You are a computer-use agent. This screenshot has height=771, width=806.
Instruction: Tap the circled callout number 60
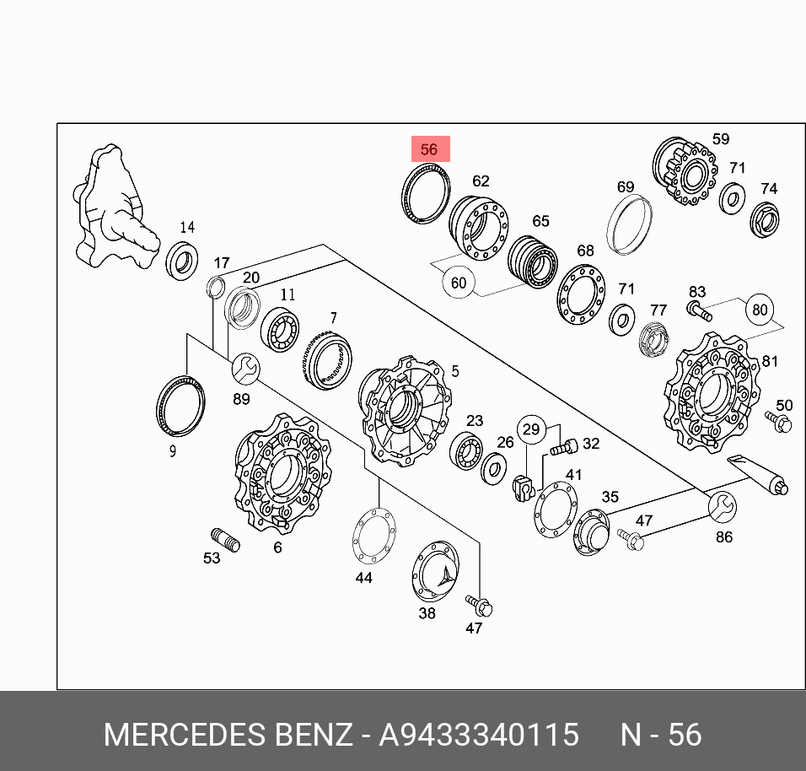tap(459, 283)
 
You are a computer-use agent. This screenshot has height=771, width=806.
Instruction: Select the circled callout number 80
tap(760, 310)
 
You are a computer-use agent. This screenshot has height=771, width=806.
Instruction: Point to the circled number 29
tap(531, 429)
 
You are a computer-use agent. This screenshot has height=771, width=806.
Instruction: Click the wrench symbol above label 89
tap(245, 369)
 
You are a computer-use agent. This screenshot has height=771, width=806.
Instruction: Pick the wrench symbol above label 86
tap(723, 507)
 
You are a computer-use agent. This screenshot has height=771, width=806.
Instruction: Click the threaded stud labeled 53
tap(226, 540)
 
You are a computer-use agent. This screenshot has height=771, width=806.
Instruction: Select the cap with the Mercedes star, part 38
tap(435, 571)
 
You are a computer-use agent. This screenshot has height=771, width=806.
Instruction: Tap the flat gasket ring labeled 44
tap(374, 536)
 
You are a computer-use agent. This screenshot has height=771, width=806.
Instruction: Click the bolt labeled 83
tap(699, 310)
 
